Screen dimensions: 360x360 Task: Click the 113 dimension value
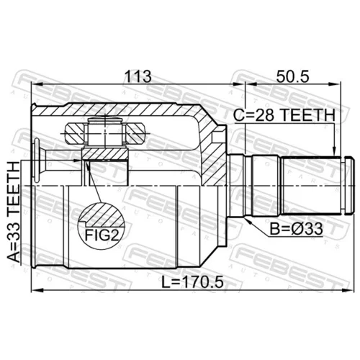click(138, 76)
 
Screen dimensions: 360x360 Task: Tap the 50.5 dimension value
click(292, 76)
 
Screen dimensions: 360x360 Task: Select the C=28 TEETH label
click(284, 115)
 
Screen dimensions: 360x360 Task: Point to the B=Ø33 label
click(296, 229)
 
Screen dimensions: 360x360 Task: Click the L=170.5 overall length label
click(192, 282)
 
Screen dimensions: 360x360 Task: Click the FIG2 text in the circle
click(102, 235)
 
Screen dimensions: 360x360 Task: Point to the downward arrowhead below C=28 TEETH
click(334, 151)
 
